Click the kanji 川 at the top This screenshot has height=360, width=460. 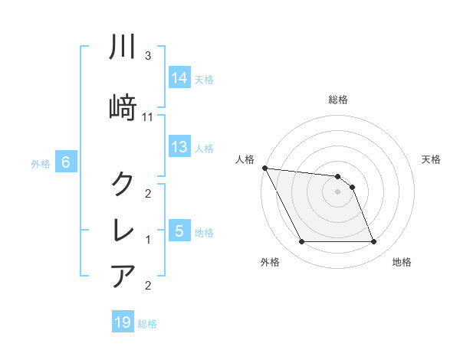(x=123, y=47)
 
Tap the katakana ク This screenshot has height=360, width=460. (x=123, y=185)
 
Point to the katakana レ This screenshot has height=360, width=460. (x=123, y=230)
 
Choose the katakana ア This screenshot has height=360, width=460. (x=123, y=276)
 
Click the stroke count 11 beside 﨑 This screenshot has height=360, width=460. (x=149, y=117)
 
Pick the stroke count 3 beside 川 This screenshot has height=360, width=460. (x=148, y=56)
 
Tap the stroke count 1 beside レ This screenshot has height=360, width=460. (x=148, y=240)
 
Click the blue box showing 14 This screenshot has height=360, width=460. (x=179, y=78)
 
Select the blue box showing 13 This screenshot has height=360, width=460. (x=179, y=147)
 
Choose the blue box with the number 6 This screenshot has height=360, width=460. (x=66, y=162)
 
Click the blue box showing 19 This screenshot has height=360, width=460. (x=123, y=322)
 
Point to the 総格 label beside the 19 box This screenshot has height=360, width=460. (x=148, y=324)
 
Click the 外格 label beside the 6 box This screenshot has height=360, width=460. (x=41, y=163)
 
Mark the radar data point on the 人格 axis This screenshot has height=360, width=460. (x=264, y=168)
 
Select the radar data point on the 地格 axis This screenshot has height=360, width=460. (x=373, y=242)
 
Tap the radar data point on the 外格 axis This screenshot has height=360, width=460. (x=301, y=242)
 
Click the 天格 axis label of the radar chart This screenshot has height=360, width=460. (x=432, y=159)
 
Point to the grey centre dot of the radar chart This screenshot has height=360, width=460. (x=337, y=191)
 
